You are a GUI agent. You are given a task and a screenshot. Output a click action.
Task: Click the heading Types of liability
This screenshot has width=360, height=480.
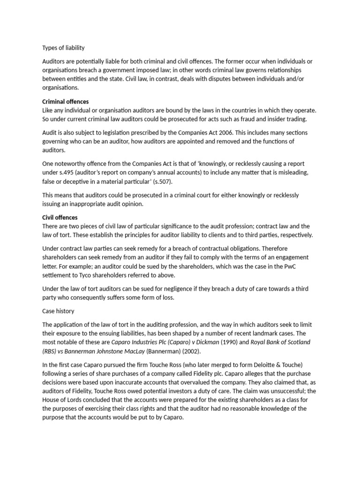[63, 48]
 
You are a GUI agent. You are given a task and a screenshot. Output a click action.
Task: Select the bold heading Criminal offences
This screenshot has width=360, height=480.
[65, 101]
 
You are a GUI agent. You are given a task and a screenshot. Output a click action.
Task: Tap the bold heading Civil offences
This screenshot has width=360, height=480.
[60, 217]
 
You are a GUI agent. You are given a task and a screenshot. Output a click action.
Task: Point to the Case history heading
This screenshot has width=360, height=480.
[58, 311]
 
